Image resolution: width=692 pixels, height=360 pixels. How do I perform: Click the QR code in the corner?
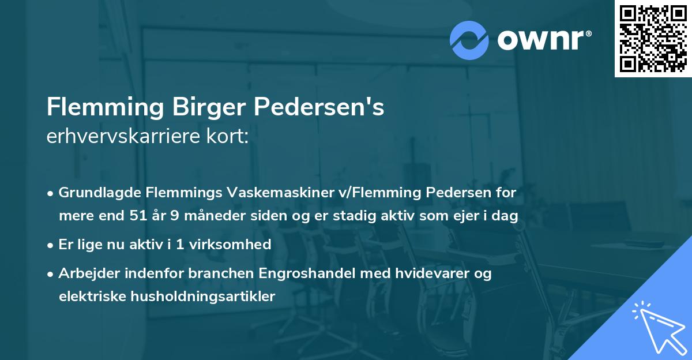[653, 38]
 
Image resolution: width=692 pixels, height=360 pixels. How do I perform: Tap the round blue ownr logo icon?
[469, 40]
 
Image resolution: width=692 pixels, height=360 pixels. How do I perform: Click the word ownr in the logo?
[543, 39]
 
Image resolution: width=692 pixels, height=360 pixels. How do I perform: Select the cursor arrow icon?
[657, 327]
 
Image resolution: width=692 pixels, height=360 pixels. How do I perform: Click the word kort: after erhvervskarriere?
[232, 138]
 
